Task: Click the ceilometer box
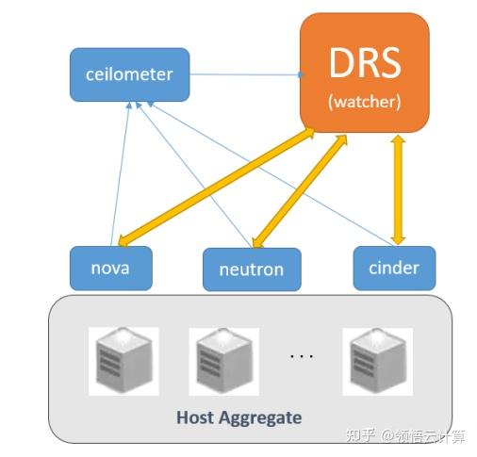(130, 74)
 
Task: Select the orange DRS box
(364, 73)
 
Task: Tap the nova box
(110, 267)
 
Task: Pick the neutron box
(252, 269)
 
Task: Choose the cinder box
(393, 267)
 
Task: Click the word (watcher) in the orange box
(364, 101)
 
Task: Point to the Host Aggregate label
(238, 416)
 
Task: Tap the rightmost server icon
(377, 361)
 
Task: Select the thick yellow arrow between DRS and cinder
(397, 188)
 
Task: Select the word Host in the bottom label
(194, 416)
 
